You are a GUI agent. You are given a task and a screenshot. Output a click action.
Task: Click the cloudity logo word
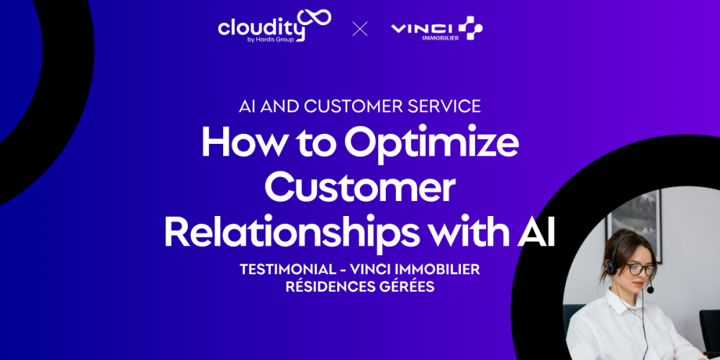(x=261, y=27)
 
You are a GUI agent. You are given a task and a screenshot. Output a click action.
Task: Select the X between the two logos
(x=360, y=29)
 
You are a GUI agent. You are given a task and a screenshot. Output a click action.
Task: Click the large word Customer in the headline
(x=359, y=188)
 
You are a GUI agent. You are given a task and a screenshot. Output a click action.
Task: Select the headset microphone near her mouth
(x=649, y=289)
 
